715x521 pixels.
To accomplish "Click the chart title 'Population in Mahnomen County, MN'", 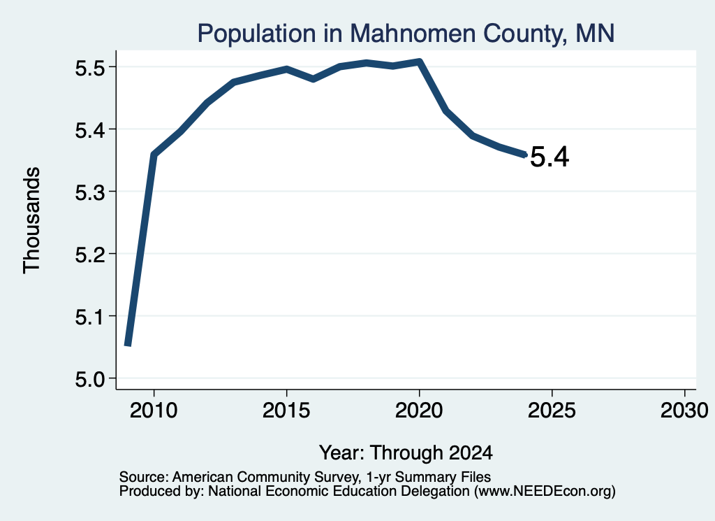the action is click(406, 34).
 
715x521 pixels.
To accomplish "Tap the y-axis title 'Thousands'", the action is click(32, 220).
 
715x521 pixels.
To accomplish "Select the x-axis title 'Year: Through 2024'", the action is click(406, 452).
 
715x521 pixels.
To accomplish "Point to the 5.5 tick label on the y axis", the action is click(90, 68).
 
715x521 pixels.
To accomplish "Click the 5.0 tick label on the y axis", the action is click(90, 379).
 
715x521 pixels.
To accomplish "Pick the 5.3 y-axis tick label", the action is click(90, 192).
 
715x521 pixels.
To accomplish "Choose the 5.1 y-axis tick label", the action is click(90, 317).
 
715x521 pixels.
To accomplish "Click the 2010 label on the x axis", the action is click(154, 410).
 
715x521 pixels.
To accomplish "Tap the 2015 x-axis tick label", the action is click(286, 410).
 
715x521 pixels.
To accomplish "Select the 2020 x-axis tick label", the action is click(419, 410).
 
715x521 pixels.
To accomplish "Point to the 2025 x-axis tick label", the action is click(552, 410).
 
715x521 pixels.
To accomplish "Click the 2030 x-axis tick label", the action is click(684, 410).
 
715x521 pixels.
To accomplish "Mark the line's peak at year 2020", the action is click(420, 62).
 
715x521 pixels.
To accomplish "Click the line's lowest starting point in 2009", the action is click(128, 345).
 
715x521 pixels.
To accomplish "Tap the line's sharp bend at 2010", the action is click(154, 155).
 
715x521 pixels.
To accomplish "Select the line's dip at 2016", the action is click(314, 79).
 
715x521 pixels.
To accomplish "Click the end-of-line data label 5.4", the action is click(550, 157).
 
